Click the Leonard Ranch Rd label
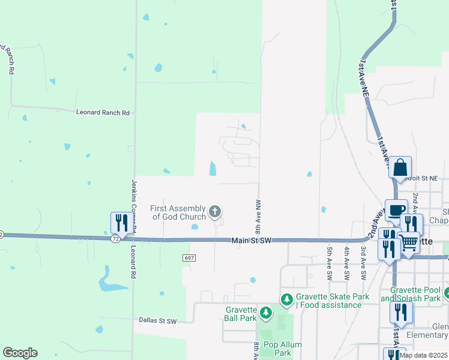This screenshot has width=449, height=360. click(103, 112)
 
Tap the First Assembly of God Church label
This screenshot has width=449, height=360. click(178, 212)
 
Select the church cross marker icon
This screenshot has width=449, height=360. click(215, 211)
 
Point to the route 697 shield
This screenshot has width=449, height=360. click(189, 257)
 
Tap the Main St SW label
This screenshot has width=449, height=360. click(252, 241)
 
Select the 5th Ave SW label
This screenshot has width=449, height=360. click(330, 263)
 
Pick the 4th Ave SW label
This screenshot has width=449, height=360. click(347, 263)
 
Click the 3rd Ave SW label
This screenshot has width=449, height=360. click(363, 263)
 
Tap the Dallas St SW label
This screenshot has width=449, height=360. click(157, 321)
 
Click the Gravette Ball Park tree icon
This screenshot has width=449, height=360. click(265, 313)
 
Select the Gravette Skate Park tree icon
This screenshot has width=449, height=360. click(288, 298)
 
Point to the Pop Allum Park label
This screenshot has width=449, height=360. click(283, 349)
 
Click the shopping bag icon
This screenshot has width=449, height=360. click(400, 167)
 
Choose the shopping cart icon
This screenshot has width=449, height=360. click(409, 242)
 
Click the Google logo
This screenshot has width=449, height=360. click(20, 353)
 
